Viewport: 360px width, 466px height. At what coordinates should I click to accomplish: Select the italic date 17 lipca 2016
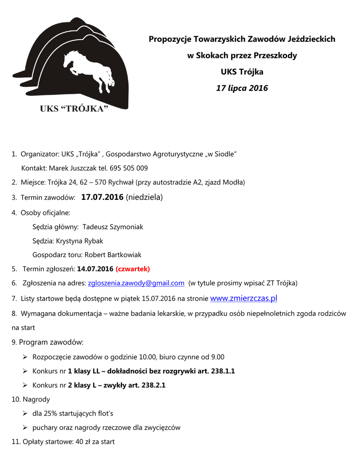pos(242,88)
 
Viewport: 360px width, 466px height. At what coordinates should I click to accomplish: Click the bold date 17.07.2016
pos(102,197)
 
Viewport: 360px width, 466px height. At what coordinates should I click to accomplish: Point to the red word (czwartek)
pos(133,268)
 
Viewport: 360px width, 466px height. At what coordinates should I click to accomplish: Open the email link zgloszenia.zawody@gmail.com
pos(136,283)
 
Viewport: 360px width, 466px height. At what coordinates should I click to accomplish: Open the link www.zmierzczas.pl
pos(243,299)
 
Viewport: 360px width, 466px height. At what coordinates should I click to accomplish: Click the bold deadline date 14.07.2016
pos(95,268)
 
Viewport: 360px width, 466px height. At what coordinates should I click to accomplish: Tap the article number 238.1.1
pos(223,371)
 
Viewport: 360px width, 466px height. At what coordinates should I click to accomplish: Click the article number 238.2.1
pos(153,385)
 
